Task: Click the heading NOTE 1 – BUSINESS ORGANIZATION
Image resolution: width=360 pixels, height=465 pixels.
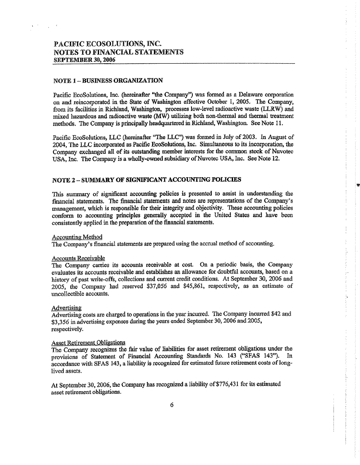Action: pos(107,80)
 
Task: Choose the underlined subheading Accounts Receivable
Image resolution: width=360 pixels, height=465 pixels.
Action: pos(78,258)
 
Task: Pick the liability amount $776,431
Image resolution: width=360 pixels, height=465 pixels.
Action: pos(240,384)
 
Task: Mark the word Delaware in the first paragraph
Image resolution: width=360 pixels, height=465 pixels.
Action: pos(247,95)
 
